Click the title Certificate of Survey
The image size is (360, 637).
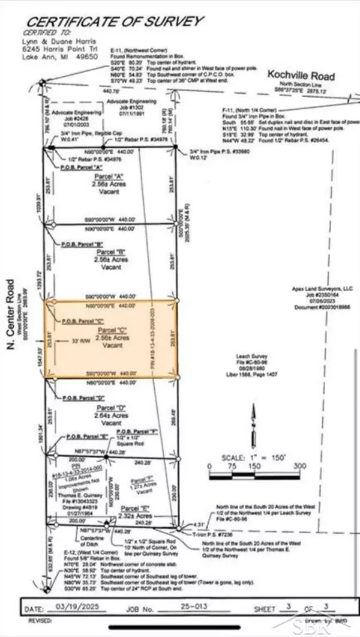pyautogui.click(x=113, y=22)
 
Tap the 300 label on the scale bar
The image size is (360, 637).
pyautogui.click(x=299, y=465)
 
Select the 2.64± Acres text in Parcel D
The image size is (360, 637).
pyautogui.click(x=112, y=414)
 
